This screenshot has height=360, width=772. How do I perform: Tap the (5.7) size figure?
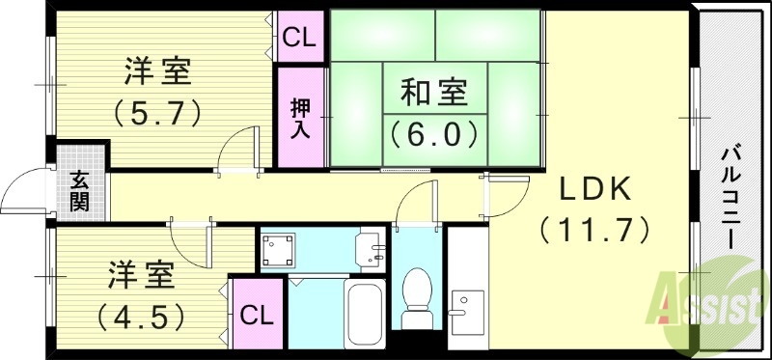(x=157, y=112)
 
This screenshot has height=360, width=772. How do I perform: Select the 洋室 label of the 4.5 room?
(x=140, y=274)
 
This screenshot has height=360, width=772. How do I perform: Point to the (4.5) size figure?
(x=140, y=316)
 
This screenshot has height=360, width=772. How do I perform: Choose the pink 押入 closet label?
(x=300, y=118)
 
